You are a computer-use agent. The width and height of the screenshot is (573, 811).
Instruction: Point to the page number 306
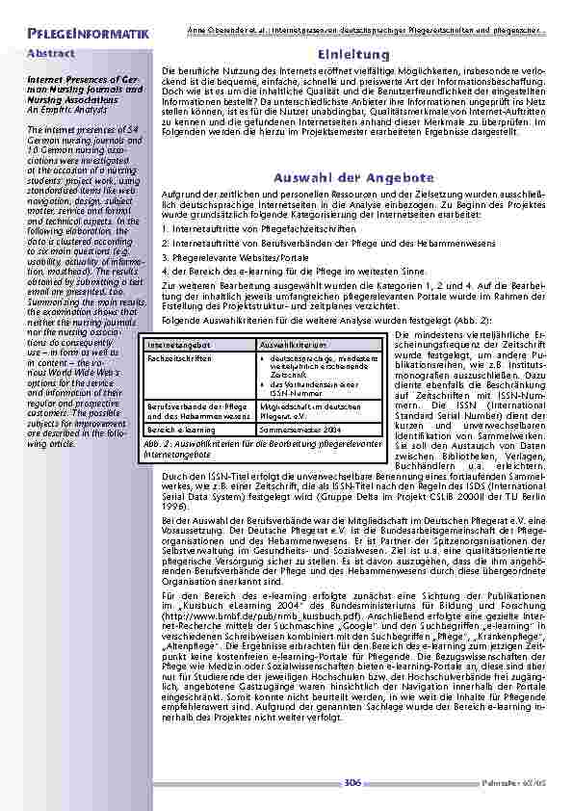pos(352,783)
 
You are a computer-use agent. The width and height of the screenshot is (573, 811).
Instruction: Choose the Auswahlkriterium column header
pos(293,344)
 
